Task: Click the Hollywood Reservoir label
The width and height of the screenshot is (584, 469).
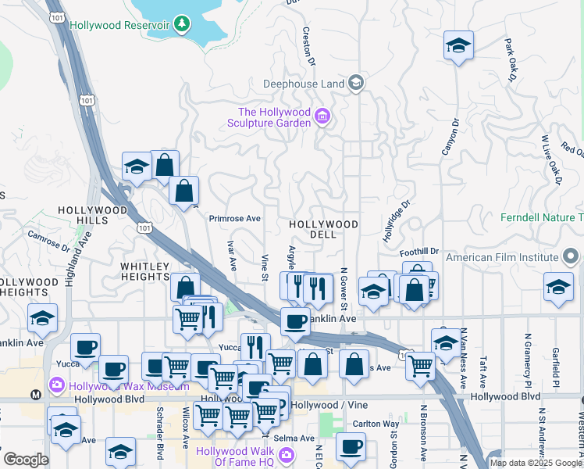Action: coord(119,25)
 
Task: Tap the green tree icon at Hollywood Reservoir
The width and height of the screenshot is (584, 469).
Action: coord(182,24)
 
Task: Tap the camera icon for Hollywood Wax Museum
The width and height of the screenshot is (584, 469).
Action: coord(55,385)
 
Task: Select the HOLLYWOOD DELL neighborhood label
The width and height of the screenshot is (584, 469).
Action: coord(323,229)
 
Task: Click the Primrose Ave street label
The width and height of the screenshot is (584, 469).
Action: coord(234,219)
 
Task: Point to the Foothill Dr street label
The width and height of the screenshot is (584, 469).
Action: coord(420,252)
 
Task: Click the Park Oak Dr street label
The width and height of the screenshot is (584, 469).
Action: coord(511,61)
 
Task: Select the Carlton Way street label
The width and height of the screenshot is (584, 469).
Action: coord(376,424)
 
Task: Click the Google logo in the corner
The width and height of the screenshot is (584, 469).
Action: coord(26,460)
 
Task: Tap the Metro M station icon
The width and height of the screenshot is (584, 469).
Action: coord(35,396)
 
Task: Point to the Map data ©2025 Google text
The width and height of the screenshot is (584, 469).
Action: coord(536,463)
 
